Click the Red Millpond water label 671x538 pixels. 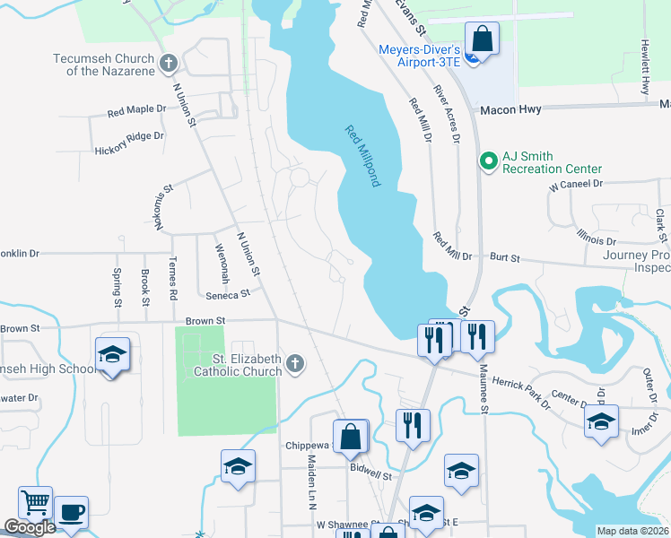coord(364,156)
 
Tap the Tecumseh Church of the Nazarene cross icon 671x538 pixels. coord(168,64)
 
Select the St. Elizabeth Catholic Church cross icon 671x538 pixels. coord(294,363)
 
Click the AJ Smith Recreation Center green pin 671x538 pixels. coord(488,161)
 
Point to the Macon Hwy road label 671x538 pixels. coord(508,110)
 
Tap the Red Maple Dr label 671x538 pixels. coord(136,111)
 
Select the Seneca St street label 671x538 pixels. coord(227,293)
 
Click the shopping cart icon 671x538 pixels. coord(35,502)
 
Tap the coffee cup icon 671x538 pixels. coord(72,512)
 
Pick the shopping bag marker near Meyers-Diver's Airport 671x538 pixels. coord(482,39)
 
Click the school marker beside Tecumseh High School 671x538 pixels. coord(111,356)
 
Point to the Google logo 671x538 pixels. coord(30,527)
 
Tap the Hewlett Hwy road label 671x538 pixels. coord(645,66)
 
